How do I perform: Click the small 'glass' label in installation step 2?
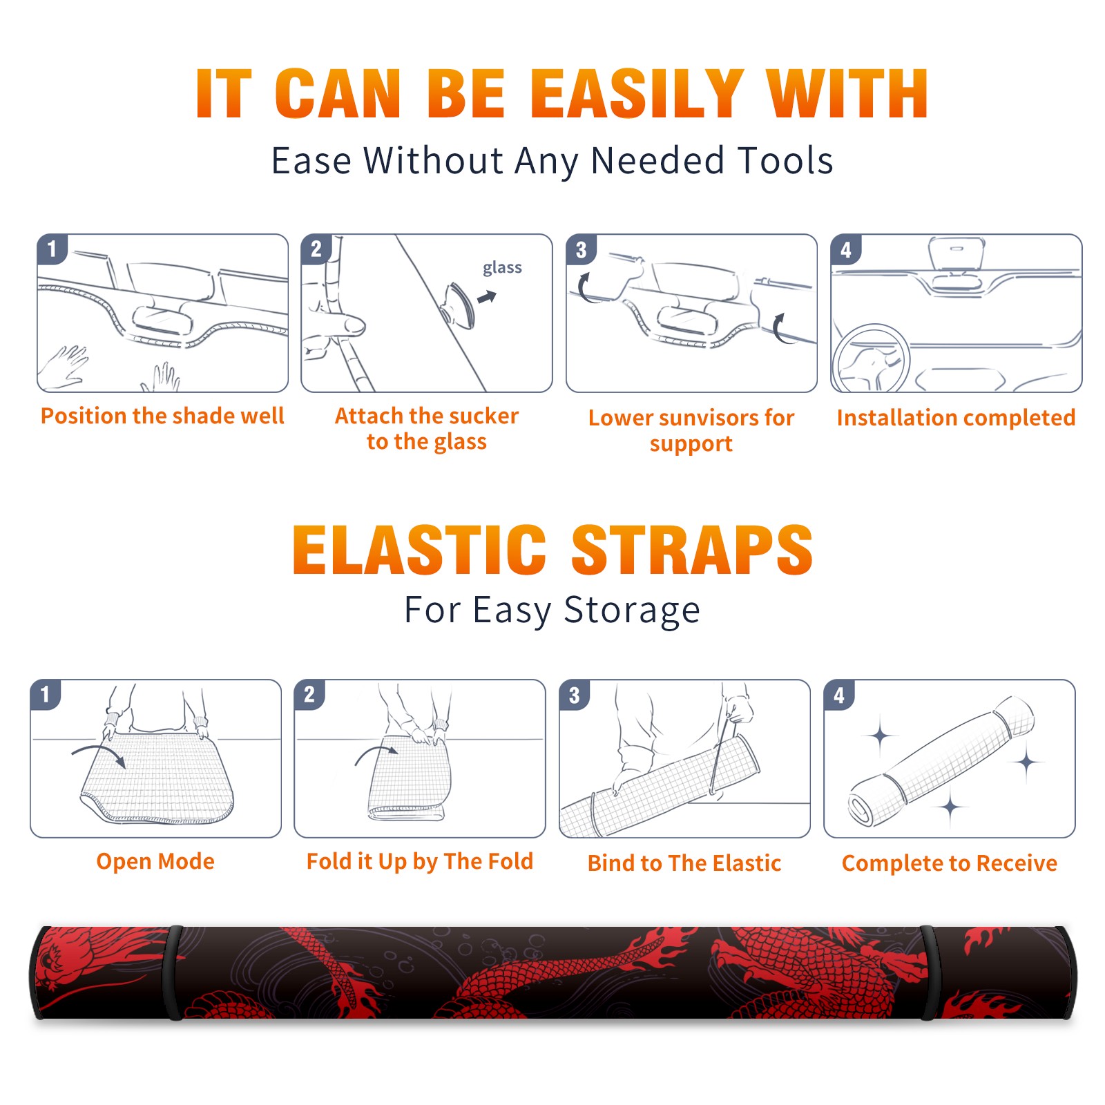[x=502, y=268]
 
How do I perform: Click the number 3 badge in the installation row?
[x=581, y=249]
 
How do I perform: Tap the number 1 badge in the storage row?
[x=46, y=694]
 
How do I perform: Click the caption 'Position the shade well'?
[x=162, y=416]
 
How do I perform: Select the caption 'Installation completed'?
[x=956, y=417]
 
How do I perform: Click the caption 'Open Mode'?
[x=155, y=861]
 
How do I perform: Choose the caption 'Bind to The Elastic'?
[x=684, y=863]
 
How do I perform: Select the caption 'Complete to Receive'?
[x=950, y=863]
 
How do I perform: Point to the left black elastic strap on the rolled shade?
[x=175, y=972]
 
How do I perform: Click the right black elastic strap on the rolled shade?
[x=930, y=972]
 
